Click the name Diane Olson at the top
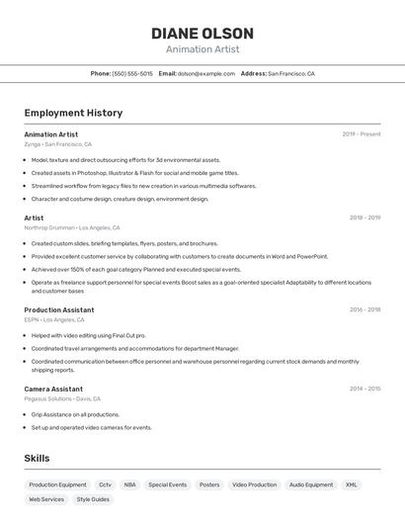[x=202, y=33]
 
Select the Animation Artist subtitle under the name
[x=202, y=49]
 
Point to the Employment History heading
[x=73, y=113]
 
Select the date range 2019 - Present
[x=362, y=134]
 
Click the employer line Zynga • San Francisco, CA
[x=58, y=144]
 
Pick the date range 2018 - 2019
[x=364, y=218]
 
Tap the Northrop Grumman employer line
[x=72, y=227]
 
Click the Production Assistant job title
[x=59, y=309]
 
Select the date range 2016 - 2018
[x=364, y=309]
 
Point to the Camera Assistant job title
[x=53, y=389]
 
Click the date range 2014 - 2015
[x=364, y=389]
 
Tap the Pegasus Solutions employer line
[x=62, y=398]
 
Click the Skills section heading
[x=37, y=459]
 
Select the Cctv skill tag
[x=105, y=485]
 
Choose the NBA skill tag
[x=129, y=485]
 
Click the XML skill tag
[x=351, y=485]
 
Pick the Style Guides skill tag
[x=93, y=499]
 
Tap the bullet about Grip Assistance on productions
[x=75, y=414]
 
